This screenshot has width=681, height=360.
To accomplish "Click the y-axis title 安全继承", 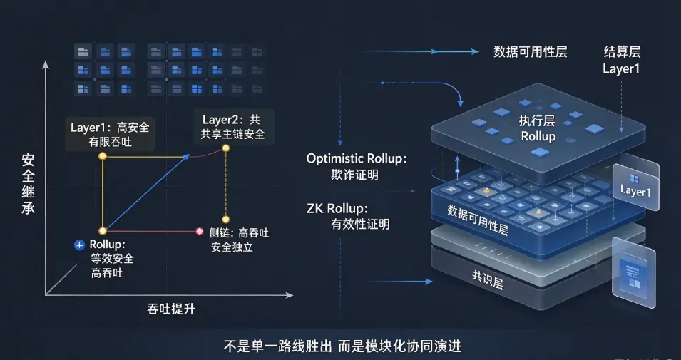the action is point(29,184).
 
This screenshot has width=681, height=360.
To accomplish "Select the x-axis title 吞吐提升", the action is point(170,309).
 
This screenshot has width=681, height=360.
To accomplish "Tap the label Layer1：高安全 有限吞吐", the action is point(110,134).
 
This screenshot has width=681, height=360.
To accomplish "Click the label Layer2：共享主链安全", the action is point(232,127).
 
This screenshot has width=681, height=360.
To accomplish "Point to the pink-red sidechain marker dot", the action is point(200,232).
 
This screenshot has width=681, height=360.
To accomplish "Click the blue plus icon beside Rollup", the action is point(79,246).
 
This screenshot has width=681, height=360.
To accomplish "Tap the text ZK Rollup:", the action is point(337,208).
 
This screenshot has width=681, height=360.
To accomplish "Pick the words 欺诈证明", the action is point(354,175).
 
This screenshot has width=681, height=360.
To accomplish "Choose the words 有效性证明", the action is point(360,224).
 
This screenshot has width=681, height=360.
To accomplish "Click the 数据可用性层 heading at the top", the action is point(531,52).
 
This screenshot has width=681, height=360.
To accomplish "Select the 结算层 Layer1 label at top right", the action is point(622,61).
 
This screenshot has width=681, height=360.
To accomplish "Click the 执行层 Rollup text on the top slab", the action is point(538,128).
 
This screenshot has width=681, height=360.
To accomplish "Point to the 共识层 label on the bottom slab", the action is point(487,279).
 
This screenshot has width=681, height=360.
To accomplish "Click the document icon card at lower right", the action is point(634,272).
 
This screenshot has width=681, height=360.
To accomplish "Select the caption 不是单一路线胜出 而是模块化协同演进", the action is point(342,346).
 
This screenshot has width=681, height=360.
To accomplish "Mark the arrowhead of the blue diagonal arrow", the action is point(187,156).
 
